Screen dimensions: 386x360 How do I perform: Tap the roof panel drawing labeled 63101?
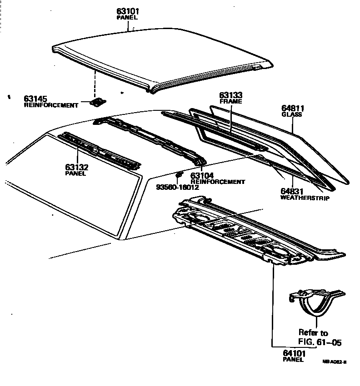click(x=159, y=57)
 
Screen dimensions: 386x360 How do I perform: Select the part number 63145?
click(x=37, y=99)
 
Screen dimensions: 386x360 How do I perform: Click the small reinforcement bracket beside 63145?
click(x=97, y=103)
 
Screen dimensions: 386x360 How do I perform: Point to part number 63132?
click(x=76, y=167)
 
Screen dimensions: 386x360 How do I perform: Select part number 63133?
click(x=230, y=95)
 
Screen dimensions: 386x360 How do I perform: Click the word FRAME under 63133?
click(x=230, y=102)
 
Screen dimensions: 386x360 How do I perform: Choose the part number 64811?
click(x=292, y=109)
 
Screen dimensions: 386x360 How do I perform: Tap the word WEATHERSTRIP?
click(x=305, y=198)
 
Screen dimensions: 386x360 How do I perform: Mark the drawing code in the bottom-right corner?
click(x=335, y=362)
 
